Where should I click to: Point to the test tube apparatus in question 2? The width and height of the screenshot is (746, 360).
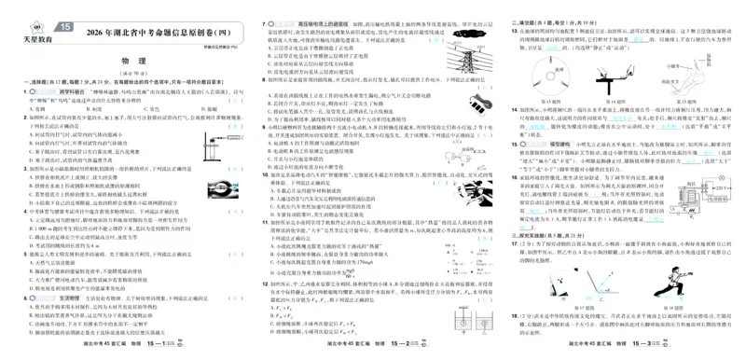pyautogui.click(x=221, y=145)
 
